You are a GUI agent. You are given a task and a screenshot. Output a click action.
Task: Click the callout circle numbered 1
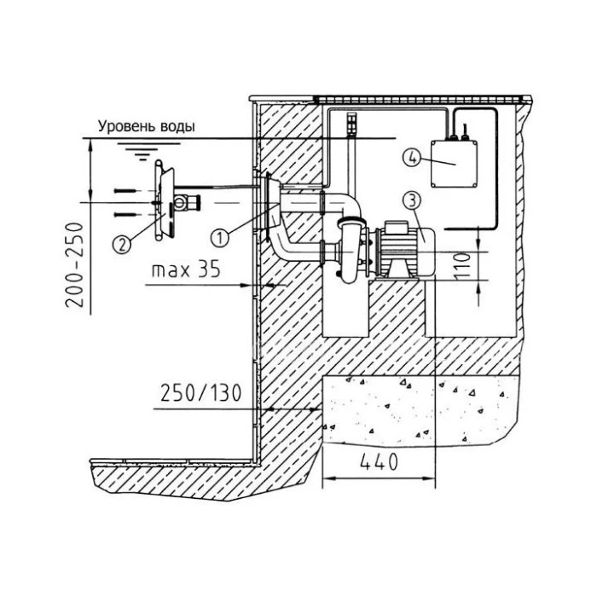tap(220, 238)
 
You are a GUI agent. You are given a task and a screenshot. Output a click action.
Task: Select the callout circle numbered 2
tap(122, 245)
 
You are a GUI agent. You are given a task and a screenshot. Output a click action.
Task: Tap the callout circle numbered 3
tap(413, 200)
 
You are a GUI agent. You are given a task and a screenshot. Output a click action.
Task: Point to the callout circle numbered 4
tap(412, 158)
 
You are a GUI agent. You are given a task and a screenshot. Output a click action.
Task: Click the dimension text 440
tap(379, 462)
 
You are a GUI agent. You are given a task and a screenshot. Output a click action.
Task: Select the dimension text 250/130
tap(200, 393)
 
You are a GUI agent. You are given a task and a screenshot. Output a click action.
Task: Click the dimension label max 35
tap(186, 270)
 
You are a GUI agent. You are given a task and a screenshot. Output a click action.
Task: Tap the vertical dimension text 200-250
tap(75, 265)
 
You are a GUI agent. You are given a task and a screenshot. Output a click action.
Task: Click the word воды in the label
tap(177, 126)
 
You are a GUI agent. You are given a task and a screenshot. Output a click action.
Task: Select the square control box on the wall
tap(454, 164)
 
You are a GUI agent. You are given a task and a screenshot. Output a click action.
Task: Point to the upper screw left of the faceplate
tap(125, 191)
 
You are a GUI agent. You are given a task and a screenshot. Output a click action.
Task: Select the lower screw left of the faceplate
tap(125, 214)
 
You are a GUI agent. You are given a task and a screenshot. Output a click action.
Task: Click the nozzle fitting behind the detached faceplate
tap(187, 202)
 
